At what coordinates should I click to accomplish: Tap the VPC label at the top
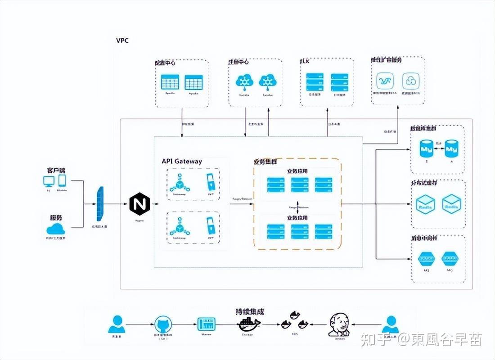122,40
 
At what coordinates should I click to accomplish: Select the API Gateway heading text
182,161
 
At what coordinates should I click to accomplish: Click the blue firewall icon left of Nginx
99,204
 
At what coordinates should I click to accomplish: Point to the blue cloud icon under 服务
55,228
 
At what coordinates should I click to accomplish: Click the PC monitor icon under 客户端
49,181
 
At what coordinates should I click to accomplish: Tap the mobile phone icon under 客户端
62,181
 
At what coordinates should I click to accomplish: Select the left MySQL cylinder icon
425,148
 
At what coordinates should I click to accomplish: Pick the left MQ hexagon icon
425,259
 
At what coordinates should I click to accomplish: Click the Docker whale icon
249,323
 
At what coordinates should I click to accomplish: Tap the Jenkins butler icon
339,324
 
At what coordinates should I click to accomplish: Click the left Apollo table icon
169,83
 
